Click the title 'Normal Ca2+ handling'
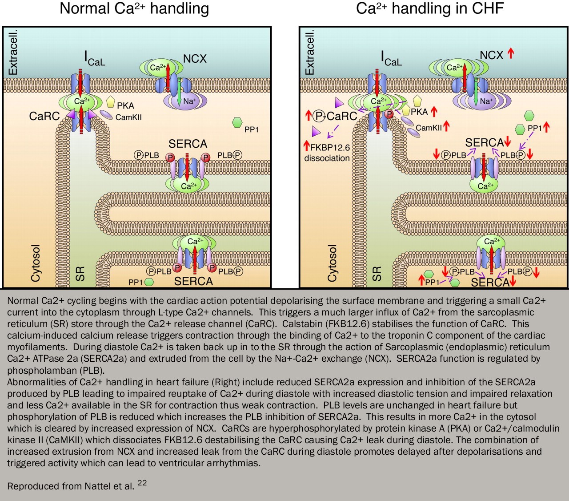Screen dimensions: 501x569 (x=134, y=9)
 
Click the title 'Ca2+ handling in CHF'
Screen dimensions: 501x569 (x=430, y=9)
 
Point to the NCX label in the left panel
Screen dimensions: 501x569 (x=194, y=59)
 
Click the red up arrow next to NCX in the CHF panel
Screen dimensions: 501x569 (x=511, y=54)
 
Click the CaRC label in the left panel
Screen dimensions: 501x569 (x=44, y=116)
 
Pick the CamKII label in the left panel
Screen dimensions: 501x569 (x=128, y=117)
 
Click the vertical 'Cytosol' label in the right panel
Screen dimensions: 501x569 (x=332, y=263)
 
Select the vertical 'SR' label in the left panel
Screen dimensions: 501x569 (x=80, y=274)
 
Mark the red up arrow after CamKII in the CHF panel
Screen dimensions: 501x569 (x=446, y=126)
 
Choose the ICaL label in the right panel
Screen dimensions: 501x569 (x=391, y=59)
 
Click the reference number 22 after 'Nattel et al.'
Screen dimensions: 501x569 (x=142, y=483)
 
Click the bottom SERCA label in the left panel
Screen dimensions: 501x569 (x=193, y=281)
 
